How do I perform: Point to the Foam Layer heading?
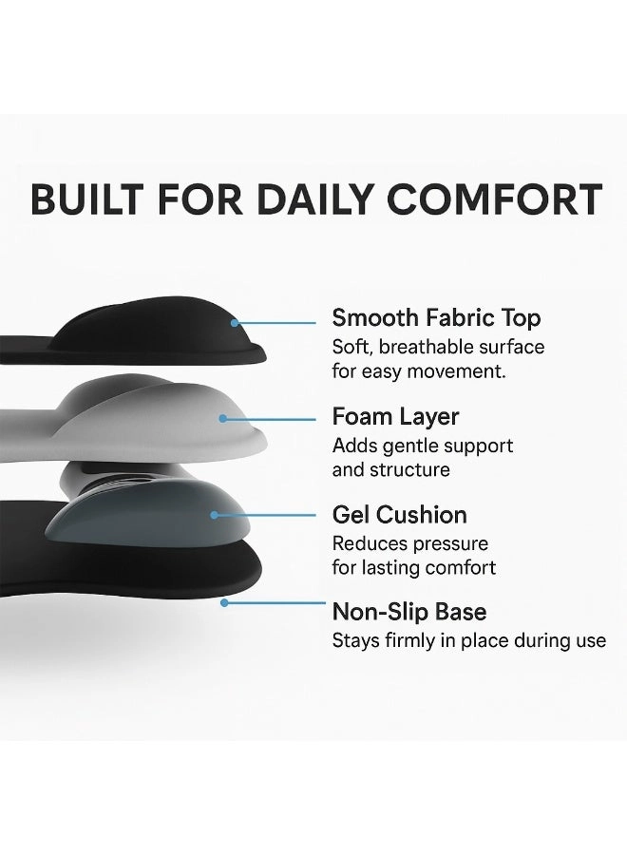tap(395, 416)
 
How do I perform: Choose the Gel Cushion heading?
tap(399, 515)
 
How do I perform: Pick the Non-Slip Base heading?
tap(408, 612)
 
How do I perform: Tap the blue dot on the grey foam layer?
tap(222, 417)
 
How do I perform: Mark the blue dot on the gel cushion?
tap(215, 515)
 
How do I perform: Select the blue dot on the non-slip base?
tap(224, 601)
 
